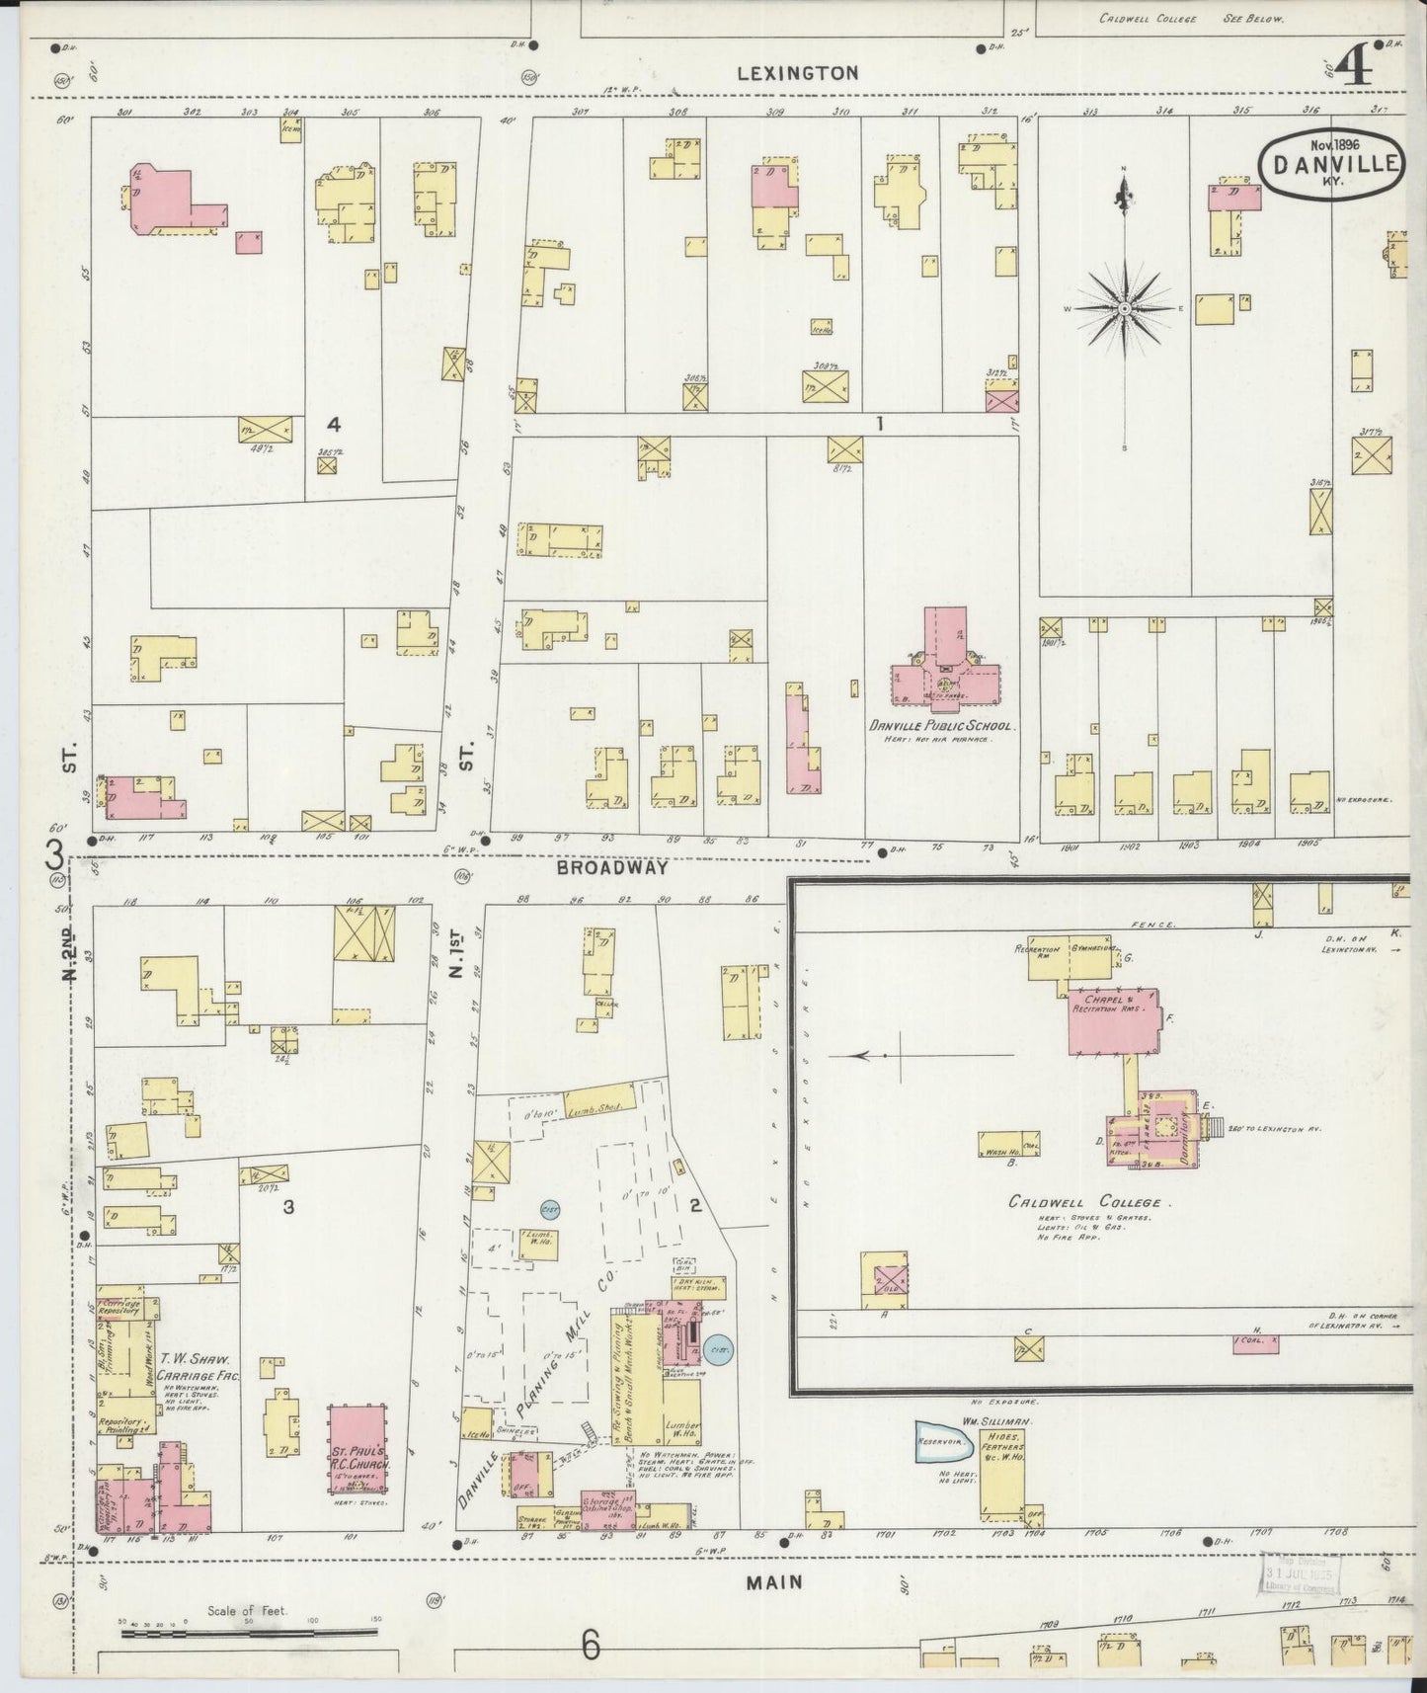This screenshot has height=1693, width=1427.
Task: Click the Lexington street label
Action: (797, 73)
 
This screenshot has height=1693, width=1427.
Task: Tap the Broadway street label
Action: (612, 868)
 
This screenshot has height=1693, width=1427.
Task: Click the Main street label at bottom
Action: (773, 1582)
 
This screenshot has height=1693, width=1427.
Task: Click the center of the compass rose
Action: (1124, 309)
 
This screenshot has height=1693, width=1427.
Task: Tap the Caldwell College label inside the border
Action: (1088, 1203)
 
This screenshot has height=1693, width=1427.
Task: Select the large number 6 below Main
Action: (590, 1646)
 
